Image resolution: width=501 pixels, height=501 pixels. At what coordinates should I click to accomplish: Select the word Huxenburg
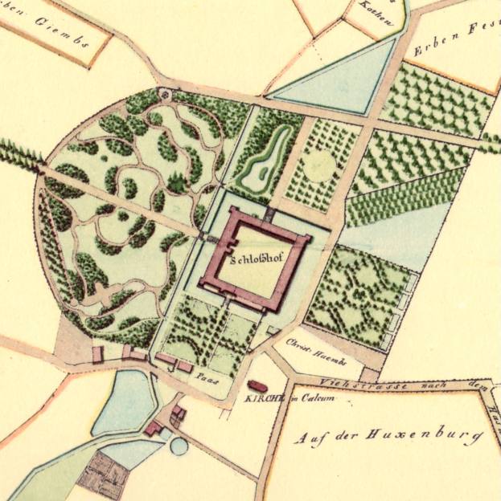point(434,436)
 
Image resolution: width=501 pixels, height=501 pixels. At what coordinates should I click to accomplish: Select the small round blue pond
point(179,446)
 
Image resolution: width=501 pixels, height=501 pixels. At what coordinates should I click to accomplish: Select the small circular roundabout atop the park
point(166,94)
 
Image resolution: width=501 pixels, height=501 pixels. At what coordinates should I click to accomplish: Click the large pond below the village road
point(125,401)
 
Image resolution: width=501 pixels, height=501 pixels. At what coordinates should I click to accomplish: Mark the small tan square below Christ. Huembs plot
point(369,375)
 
